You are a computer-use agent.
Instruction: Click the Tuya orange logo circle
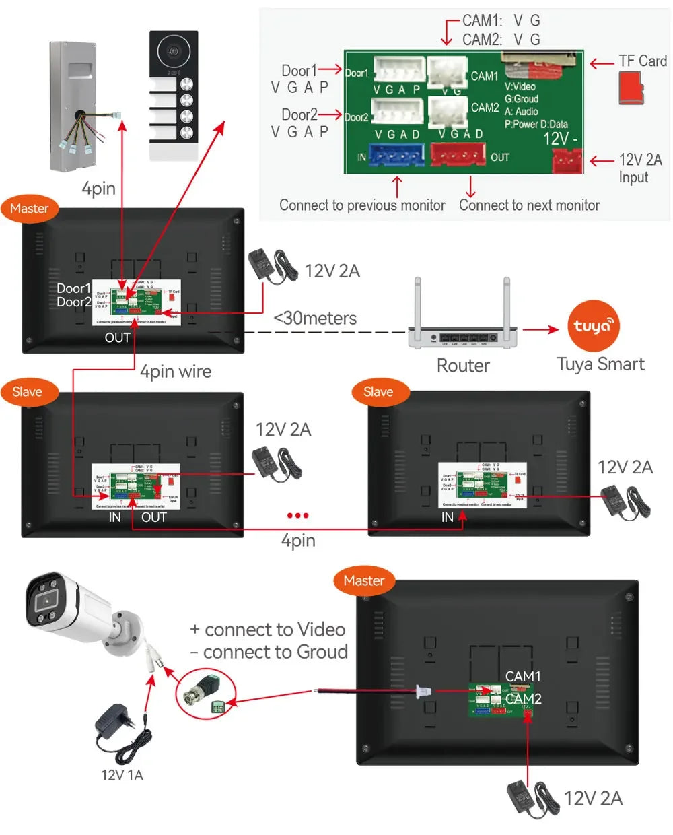[x=594, y=326]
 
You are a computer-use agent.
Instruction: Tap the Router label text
[x=463, y=366]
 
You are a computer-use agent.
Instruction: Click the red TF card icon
[x=631, y=89]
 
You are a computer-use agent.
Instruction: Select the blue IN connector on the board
[x=396, y=156]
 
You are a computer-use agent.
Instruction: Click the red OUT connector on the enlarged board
[x=458, y=156]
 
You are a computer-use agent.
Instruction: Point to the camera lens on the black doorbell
[x=174, y=52]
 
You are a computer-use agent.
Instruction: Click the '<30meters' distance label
[x=315, y=318]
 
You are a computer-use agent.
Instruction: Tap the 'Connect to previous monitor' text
[x=362, y=205]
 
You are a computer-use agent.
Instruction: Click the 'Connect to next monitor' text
[x=529, y=205]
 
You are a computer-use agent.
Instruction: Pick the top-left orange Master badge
[x=29, y=209]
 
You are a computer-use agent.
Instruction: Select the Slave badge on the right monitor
[x=378, y=392]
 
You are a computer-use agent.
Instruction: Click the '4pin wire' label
[x=176, y=372]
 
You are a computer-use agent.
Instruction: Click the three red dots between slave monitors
[x=297, y=516]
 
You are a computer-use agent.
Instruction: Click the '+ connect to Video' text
[x=268, y=630]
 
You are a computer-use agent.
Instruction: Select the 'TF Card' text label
[x=643, y=61]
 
